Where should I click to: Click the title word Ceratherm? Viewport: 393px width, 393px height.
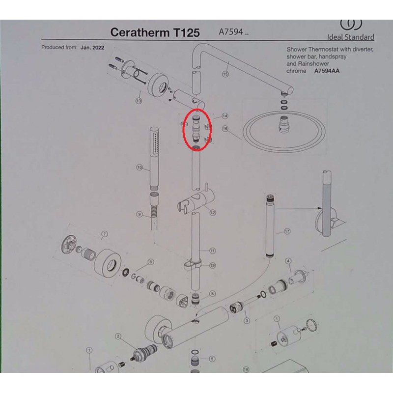(x=140, y=32)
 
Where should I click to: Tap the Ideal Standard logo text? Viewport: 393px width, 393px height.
(x=350, y=37)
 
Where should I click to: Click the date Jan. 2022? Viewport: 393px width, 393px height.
(x=92, y=48)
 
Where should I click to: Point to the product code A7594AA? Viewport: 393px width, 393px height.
(x=327, y=71)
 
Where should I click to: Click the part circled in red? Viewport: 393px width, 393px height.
(x=196, y=130)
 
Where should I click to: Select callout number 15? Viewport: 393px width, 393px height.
(x=225, y=74)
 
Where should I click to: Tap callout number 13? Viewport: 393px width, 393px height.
(x=139, y=101)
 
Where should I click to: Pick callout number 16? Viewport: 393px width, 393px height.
(x=225, y=129)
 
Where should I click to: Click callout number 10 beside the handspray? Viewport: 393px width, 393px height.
(x=140, y=167)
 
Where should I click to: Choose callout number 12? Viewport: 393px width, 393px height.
(x=213, y=213)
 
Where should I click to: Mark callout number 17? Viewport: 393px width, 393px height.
(x=287, y=231)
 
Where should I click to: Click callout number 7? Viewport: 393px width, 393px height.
(x=105, y=234)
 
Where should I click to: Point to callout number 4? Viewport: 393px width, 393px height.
(x=288, y=261)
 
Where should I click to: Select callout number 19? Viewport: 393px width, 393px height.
(x=213, y=265)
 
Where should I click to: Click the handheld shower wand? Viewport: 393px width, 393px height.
(x=154, y=158)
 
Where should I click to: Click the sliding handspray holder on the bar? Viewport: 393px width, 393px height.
(x=196, y=201)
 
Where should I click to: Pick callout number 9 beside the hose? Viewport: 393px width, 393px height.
(x=140, y=214)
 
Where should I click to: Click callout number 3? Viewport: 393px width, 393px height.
(x=247, y=320)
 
